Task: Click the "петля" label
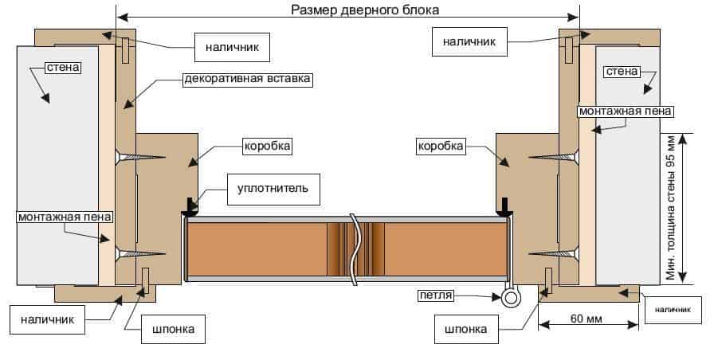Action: tap(435, 296)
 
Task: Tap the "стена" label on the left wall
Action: tap(62, 68)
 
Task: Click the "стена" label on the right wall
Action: tap(622, 72)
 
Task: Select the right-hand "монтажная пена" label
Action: tap(626, 110)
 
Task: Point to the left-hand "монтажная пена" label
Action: tap(65, 217)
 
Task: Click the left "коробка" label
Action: tap(267, 147)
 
